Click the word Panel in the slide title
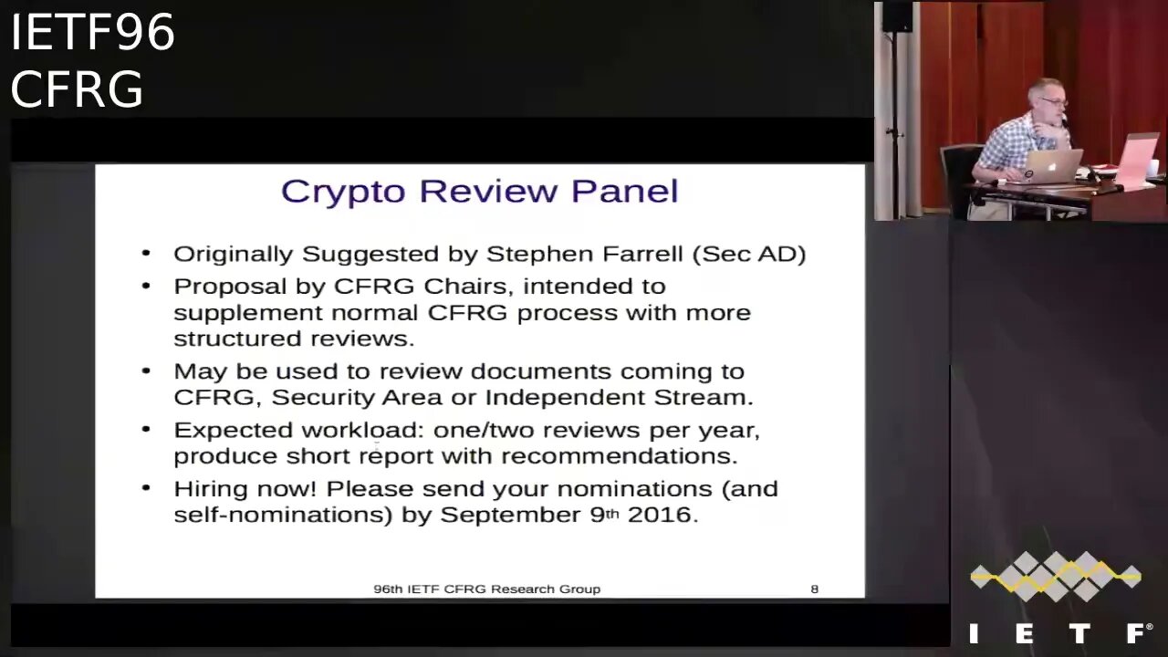click(625, 191)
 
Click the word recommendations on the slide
click(619, 455)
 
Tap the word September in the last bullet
click(510, 515)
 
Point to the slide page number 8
click(815, 589)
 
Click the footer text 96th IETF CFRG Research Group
click(486, 589)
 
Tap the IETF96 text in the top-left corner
click(92, 33)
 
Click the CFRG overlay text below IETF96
click(77, 89)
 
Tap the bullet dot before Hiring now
click(146, 488)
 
